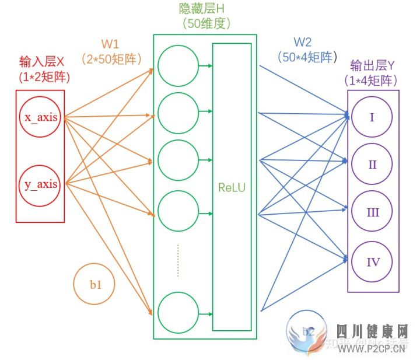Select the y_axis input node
[x=41, y=185]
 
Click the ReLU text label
[x=232, y=188]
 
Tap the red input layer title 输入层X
[x=40, y=62]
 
